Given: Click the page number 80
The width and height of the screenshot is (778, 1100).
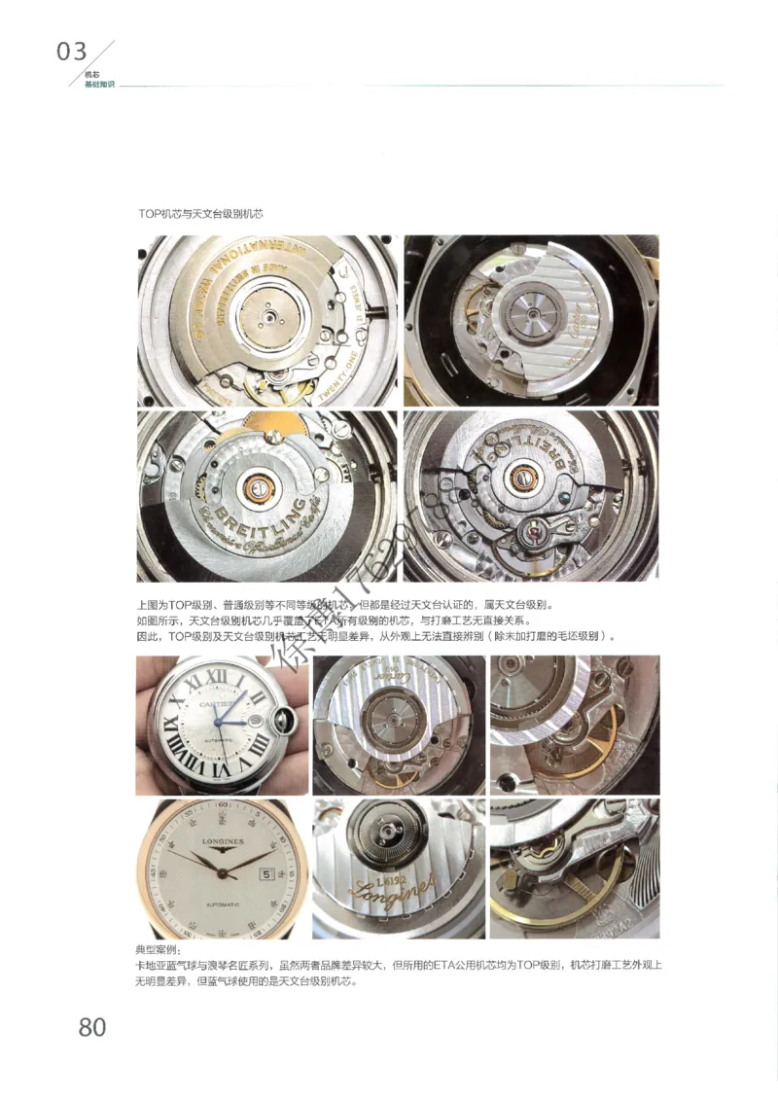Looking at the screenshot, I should click(x=91, y=1025).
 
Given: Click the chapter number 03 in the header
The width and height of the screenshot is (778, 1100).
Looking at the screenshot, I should click(x=72, y=52).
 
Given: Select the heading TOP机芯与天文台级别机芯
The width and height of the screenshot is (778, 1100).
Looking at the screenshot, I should click(x=201, y=212).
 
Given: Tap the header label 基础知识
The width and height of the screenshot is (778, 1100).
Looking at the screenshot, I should click(x=100, y=85).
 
